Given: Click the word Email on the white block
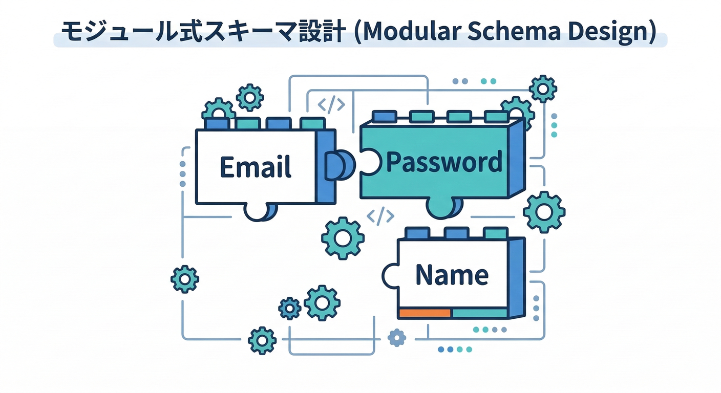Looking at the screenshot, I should pyautogui.click(x=256, y=167).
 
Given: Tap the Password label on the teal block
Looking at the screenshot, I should pyautogui.click(x=443, y=162).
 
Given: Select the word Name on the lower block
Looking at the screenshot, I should pyautogui.click(x=452, y=275).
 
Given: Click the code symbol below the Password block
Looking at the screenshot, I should pyautogui.click(x=380, y=217).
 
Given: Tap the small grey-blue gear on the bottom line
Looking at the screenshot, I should pyautogui.click(x=397, y=338).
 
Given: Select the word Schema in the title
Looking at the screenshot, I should pyautogui.click(x=514, y=32).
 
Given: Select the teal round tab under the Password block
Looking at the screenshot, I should pyautogui.click(x=443, y=207).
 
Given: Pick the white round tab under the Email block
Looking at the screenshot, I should pyautogui.click(x=259, y=211).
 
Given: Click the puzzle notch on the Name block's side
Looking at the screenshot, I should pyautogui.click(x=390, y=276).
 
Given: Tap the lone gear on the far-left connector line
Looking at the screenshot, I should pyautogui.click(x=184, y=279).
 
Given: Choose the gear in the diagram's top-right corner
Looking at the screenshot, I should pyautogui.click(x=543, y=89).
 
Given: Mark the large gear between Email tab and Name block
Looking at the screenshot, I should pyautogui.click(x=343, y=238).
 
